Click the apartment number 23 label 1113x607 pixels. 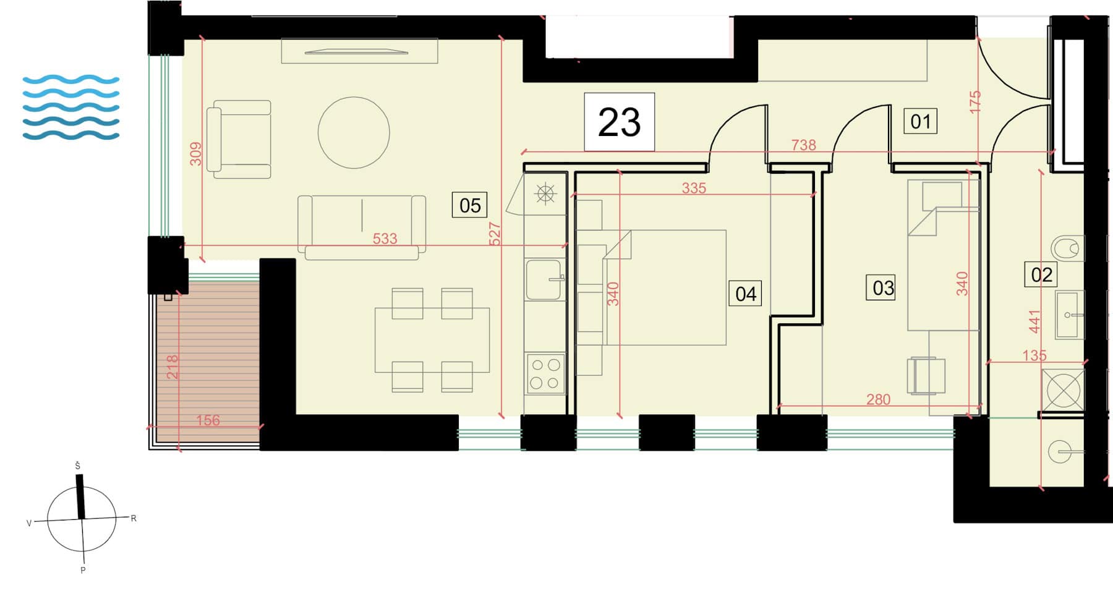coord(619,122)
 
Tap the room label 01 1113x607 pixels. coord(921,121)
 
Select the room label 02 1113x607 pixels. coord(1041,274)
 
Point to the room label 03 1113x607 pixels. coord(883,287)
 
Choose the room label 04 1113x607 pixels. coord(746,294)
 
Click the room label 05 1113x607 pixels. coord(470,205)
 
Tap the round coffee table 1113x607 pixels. coord(354,132)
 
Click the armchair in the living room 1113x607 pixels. coord(239,139)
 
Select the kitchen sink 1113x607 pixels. coord(544,279)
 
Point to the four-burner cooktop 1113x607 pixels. coord(545,373)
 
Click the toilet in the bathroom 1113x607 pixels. coord(1068,248)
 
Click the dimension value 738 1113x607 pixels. coord(803,145)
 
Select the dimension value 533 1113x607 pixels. coord(385,239)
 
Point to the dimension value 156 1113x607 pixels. coord(208,420)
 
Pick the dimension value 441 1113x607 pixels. coord(1034,321)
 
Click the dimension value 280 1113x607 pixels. coord(878,399)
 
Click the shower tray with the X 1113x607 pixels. coord(1063,390)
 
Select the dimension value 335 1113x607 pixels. coord(694,188)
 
